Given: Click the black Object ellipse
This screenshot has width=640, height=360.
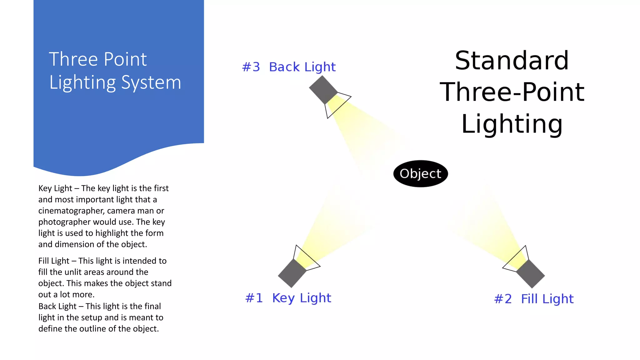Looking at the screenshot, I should click(x=420, y=174).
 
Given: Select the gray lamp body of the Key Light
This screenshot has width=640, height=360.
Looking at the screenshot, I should click(x=292, y=273).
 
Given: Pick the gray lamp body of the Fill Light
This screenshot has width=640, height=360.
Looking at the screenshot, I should click(x=531, y=274).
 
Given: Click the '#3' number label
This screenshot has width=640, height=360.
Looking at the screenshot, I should click(x=251, y=67).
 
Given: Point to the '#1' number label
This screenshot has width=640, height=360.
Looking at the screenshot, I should click(x=254, y=298).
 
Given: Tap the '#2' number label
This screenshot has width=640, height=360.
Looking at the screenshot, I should click(x=503, y=299).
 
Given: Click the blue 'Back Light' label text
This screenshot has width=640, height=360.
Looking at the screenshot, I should click(x=302, y=67).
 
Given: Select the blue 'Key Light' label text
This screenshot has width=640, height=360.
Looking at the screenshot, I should click(x=302, y=298).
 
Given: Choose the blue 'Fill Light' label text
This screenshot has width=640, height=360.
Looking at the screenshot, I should click(x=547, y=299).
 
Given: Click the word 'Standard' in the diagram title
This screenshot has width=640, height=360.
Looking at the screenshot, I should click(x=512, y=61).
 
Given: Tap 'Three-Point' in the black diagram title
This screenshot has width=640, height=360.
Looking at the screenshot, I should click(x=512, y=92).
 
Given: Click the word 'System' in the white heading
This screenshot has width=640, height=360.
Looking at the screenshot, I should click(x=151, y=83).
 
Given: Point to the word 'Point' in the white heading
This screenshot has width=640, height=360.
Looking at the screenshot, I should click(x=125, y=59).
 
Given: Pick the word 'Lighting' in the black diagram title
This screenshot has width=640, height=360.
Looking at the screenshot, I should click(x=512, y=124).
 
